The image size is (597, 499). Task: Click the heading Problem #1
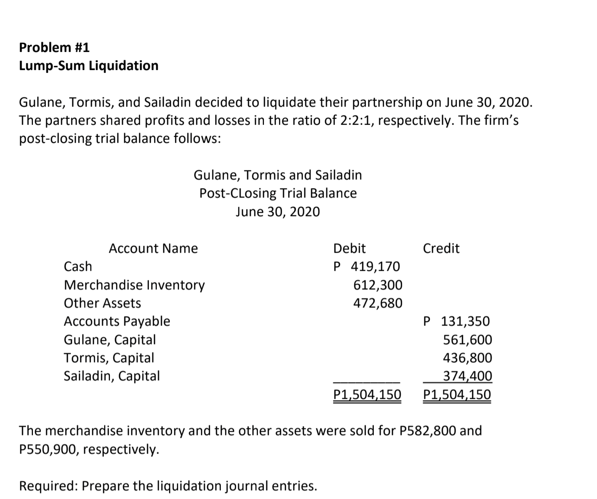54,47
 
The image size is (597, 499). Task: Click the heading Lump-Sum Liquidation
89,66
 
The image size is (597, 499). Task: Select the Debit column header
349,249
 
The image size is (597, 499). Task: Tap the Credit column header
441,249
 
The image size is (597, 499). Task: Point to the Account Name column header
153,249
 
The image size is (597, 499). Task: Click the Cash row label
78,267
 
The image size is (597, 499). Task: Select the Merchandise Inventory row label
134,285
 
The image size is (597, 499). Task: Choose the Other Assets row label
102,303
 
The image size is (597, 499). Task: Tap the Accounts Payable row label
117,321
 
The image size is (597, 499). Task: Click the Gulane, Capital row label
109,340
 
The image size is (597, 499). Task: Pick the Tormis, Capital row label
109,358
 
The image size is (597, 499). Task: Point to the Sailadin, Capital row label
111,376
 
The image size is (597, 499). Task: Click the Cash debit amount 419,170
375,267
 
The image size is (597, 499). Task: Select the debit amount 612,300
378,285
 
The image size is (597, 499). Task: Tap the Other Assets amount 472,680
378,303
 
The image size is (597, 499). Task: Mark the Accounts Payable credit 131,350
465,321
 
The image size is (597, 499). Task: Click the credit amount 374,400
468,376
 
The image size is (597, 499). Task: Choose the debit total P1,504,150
367,395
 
